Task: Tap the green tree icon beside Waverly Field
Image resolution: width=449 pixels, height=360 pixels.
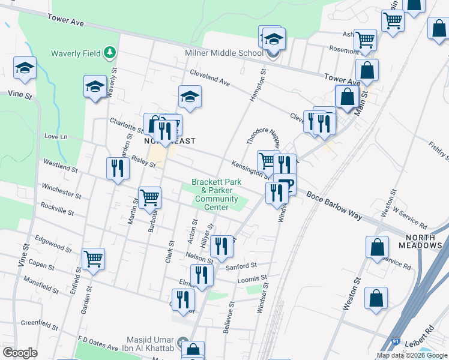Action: pyautogui.click(x=109, y=53)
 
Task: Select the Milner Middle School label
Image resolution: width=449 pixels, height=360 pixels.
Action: pyautogui.click(x=224, y=53)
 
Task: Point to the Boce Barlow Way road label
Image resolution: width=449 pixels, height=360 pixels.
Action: pyautogui.click(x=334, y=205)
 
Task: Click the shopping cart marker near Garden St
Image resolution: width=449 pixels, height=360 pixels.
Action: pyautogui.click(x=94, y=259)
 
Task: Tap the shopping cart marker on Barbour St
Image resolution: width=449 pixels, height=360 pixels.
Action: pyautogui.click(x=149, y=196)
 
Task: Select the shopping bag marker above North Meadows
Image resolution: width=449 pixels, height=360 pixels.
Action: pyautogui.click(x=377, y=246)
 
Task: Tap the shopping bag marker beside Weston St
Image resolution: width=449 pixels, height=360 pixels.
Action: pyautogui.click(x=376, y=298)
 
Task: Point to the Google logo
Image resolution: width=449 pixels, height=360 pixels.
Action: pyautogui.click(x=20, y=353)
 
